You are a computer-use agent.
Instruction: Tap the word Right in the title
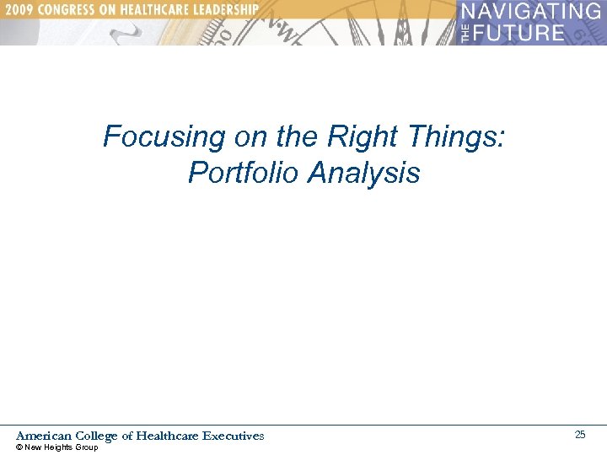pyautogui.click(x=364, y=136)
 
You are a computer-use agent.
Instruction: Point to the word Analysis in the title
pyautogui.click(x=364, y=173)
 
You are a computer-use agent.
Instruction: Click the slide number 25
pyautogui.click(x=580, y=435)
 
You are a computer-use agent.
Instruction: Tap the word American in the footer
pyautogui.click(x=44, y=436)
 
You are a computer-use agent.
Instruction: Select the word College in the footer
pyautogui.click(x=97, y=436)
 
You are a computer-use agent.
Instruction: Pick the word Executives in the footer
pyautogui.click(x=234, y=436)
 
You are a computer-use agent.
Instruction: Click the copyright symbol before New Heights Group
pyautogui.click(x=19, y=447)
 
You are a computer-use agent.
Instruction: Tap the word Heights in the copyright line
pyautogui.click(x=60, y=447)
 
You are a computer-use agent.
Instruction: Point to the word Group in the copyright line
pyautogui.click(x=87, y=447)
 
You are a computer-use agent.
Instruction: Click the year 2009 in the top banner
pyautogui.click(x=20, y=9)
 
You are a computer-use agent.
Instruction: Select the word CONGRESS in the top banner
pyautogui.click(x=72, y=9)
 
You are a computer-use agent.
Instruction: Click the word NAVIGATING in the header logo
pyautogui.click(x=531, y=13)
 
